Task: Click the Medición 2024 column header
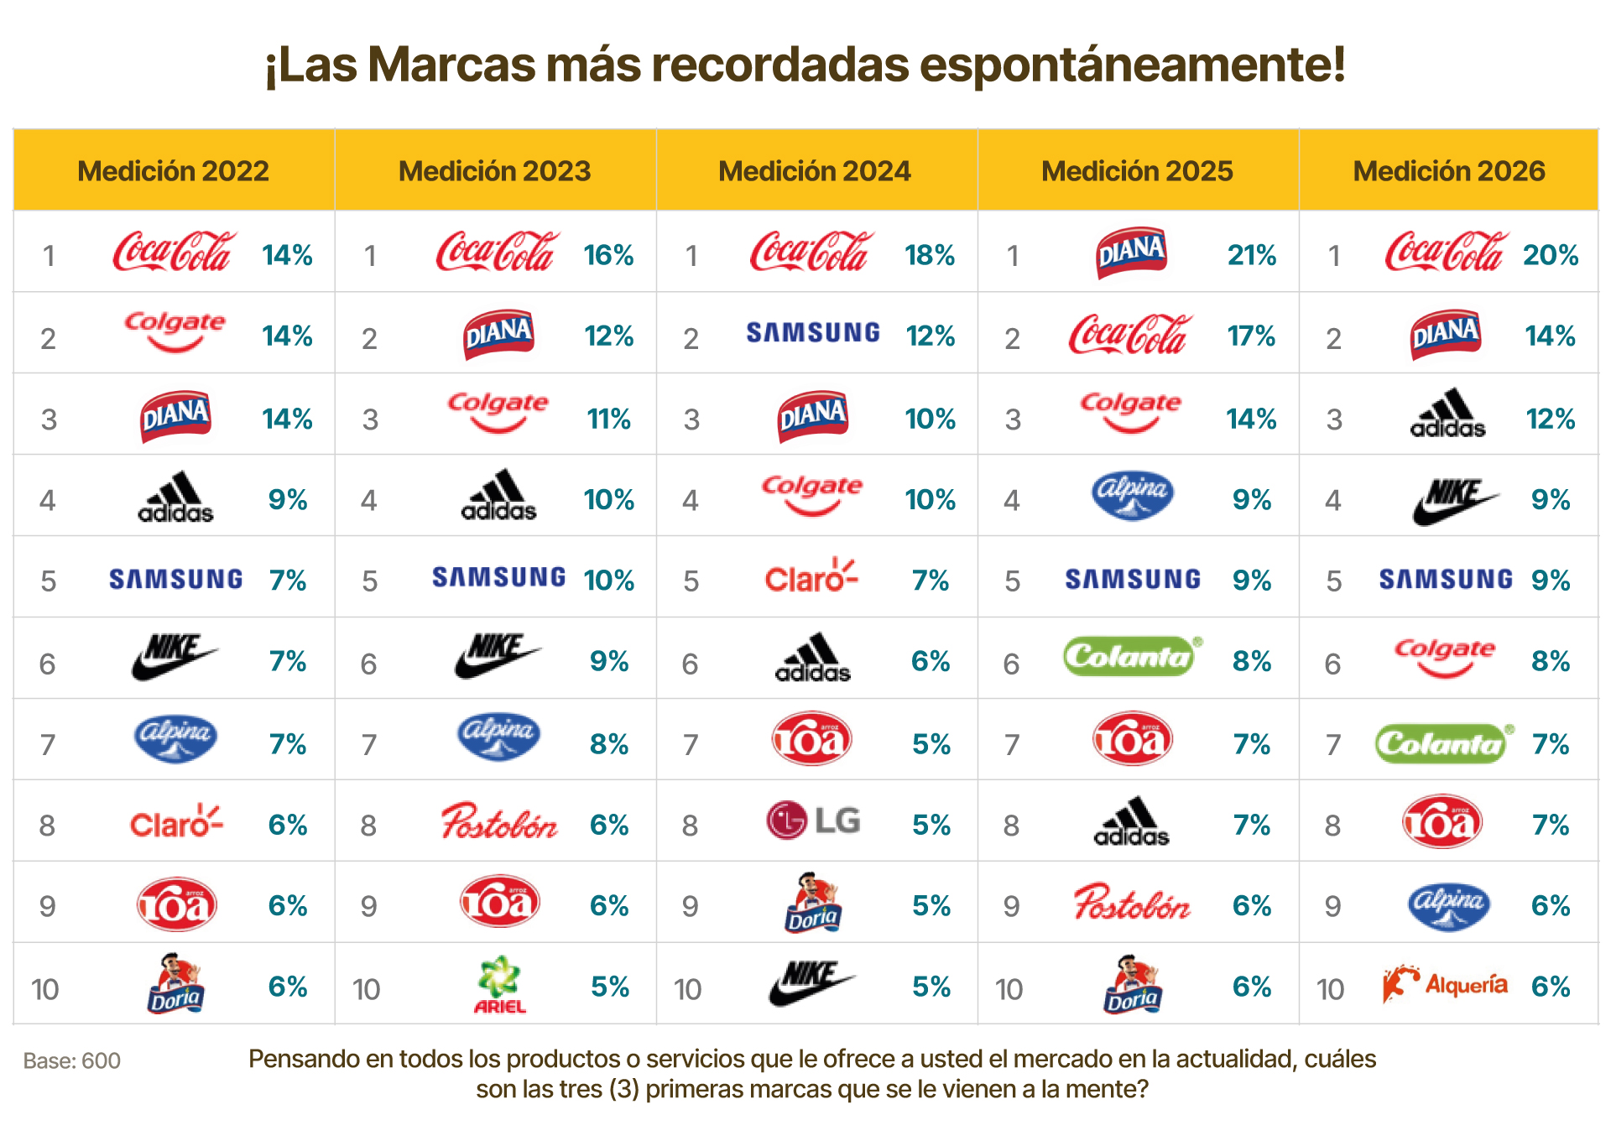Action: [x=814, y=170]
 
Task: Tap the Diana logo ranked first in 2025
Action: [x=1131, y=252]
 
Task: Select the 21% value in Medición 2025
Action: [x=1251, y=255]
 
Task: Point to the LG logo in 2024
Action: [x=813, y=821]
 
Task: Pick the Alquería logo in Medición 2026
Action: [x=1445, y=984]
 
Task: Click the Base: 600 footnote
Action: [x=72, y=1061]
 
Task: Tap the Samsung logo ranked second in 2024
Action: [x=813, y=333]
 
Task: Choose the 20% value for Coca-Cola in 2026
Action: [x=1550, y=255]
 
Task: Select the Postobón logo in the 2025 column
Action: [x=1131, y=903]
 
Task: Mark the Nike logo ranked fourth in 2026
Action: [x=1453, y=500]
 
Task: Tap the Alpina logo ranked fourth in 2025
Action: [x=1132, y=495]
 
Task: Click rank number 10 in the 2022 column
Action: [x=45, y=989]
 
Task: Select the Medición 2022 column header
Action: [x=173, y=170]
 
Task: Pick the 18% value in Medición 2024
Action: [x=930, y=255]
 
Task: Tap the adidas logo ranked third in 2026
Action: [x=1447, y=414]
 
